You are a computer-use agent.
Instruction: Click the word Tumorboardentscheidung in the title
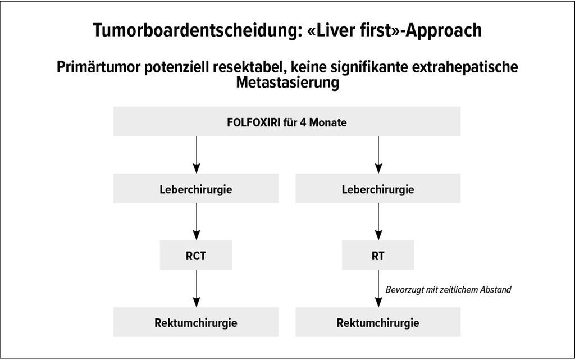pos(198,30)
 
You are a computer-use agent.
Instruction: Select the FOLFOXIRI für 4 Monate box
pos(287,122)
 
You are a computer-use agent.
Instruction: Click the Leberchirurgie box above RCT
pos(196,189)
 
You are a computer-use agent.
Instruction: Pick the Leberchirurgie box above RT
pos(378,189)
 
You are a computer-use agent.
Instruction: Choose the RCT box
pos(196,255)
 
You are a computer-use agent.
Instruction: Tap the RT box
pos(378,255)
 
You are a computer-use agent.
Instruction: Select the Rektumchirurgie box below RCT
pos(196,322)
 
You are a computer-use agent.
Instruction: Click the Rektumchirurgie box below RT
pos(378,322)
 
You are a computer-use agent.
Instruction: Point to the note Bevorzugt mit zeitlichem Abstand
pos(448,290)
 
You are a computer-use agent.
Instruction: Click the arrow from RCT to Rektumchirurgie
pos(196,289)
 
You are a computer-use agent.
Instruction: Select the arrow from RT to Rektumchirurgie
pos(378,289)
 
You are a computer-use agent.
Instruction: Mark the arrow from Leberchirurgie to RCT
pos(196,222)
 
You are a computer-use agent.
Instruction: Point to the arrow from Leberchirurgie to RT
pos(378,222)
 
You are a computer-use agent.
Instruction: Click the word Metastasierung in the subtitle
pos(287,82)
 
